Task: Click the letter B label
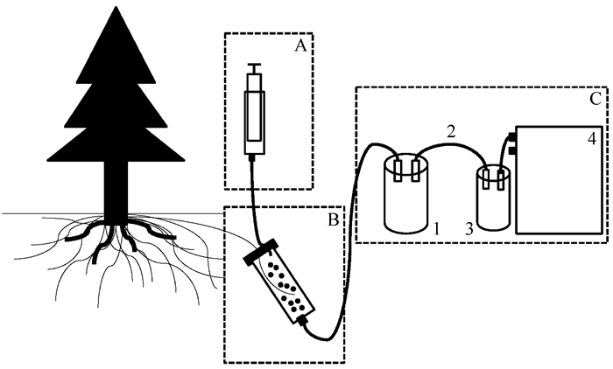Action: (x=332, y=219)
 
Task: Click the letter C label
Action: (x=593, y=98)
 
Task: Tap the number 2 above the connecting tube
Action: (x=449, y=134)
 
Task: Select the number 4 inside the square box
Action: (x=591, y=138)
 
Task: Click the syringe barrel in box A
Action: (x=255, y=114)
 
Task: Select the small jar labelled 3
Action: (x=494, y=203)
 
